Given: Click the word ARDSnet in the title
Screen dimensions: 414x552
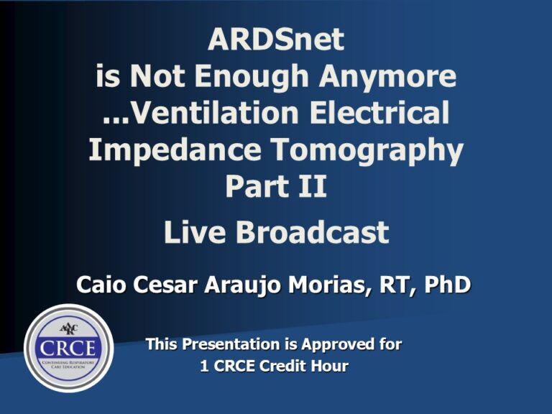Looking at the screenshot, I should (276, 40).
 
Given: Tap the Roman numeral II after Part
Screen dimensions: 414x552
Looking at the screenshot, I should (311, 186).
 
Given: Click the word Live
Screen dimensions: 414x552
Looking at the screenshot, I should (197, 232).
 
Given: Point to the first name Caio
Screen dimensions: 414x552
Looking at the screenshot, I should (101, 285).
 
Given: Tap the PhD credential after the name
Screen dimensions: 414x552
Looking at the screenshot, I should (447, 285).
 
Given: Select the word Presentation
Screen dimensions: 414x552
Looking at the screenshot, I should (231, 345).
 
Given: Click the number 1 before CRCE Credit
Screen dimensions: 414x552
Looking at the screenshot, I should (203, 367).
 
